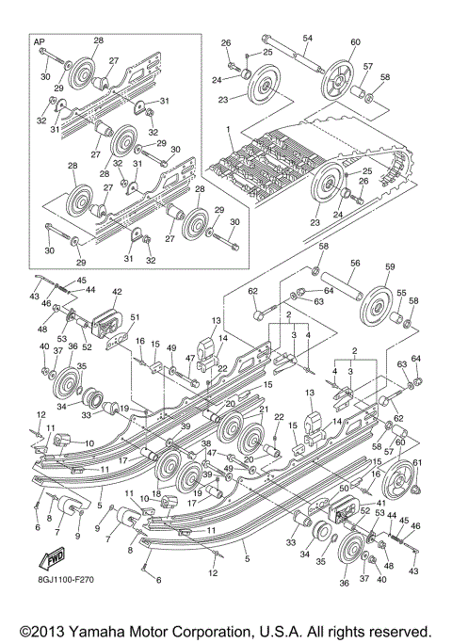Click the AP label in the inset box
click(x=39, y=42)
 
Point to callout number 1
click(x=227, y=124)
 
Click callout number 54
click(x=307, y=38)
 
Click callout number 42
click(x=118, y=293)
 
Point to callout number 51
click(x=134, y=317)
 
